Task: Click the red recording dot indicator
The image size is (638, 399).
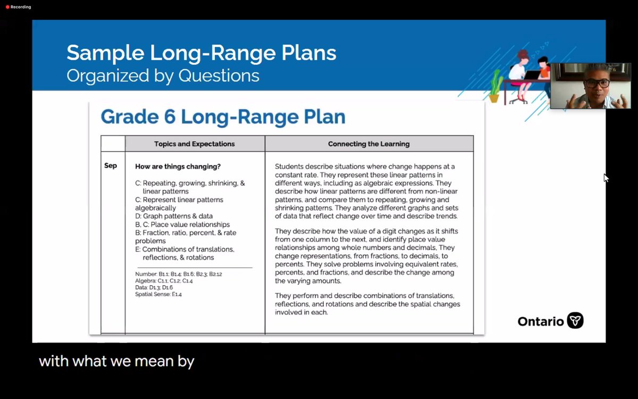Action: [x=7, y=7]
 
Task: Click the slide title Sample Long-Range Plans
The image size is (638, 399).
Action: [x=201, y=53]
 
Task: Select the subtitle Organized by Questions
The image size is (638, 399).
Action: [x=163, y=76]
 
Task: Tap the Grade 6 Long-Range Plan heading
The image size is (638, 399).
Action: [x=223, y=117]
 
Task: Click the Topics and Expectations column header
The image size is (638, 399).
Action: [x=194, y=144]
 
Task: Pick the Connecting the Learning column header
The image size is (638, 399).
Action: [x=368, y=144]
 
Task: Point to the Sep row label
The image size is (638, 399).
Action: [x=111, y=166]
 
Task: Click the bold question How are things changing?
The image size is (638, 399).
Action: [x=178, y=167]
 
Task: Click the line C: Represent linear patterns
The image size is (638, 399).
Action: [x=179, y=199]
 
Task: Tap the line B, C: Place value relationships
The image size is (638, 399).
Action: [x=182, y=225]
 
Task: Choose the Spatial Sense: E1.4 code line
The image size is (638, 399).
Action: [x=158, y=294]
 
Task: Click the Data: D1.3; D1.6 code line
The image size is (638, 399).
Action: [x=154, y=287]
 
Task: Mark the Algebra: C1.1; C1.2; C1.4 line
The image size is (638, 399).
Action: [x=164, y=280]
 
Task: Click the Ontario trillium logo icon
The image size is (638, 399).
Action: [x=575, y=321]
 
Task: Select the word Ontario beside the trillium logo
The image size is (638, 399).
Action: [x=540, y=321]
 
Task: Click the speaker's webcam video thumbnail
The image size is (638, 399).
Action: [x=590, y=86]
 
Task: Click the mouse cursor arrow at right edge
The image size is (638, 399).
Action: [x=606, y=178]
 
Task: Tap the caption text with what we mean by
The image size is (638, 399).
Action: [x=116, y=362]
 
